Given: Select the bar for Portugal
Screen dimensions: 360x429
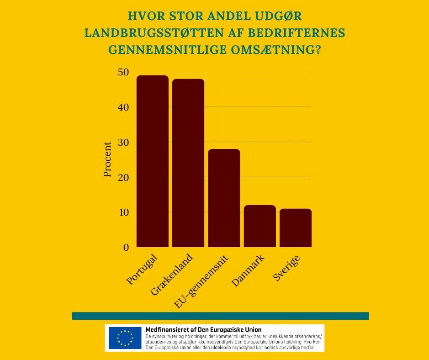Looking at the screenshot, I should (153, 161).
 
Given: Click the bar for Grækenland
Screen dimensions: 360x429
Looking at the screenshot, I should (188, 163).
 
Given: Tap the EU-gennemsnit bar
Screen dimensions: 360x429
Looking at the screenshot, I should (224, 198).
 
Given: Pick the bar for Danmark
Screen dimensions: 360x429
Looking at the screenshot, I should (260, 226).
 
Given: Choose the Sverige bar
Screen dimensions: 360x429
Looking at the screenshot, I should (296, 228).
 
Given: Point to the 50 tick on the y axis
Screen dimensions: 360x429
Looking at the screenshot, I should (123, 72).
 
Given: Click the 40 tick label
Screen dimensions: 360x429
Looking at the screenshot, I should (123, 107).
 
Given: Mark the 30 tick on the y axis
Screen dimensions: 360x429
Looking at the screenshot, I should (123, 142).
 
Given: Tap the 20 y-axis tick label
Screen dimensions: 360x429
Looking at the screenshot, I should (123, 177).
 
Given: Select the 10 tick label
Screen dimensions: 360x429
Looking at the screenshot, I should (123, 212).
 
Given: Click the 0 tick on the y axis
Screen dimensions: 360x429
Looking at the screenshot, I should (126, 248).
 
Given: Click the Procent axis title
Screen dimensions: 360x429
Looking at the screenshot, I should (107, 159).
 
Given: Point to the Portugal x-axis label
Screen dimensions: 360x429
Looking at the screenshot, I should (142, 269).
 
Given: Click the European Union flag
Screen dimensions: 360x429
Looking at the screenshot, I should (125, 338).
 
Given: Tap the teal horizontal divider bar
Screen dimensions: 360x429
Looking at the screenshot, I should (220, 316).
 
